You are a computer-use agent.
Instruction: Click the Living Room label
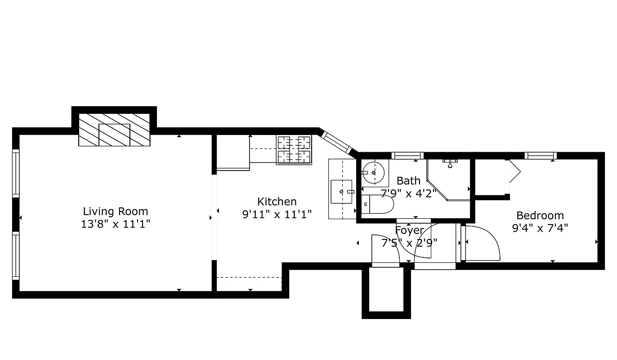click(115, 211)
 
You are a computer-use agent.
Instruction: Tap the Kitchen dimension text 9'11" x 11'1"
click(277, 214)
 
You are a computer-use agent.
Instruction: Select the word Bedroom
click(540, 216)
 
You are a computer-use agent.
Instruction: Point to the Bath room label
click(409, 181)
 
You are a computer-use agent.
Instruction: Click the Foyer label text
click(409, 231)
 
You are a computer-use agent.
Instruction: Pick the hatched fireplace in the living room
click(114, 130)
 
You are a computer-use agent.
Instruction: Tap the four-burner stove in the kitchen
click(294, 149)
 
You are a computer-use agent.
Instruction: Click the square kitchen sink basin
click(341, 191)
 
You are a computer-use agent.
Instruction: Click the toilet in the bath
click(378, 204)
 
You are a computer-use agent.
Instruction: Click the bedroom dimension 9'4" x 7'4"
click(540, 228)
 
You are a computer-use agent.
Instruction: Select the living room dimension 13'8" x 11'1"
click(115, 224)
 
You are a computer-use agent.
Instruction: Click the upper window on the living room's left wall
click(16, 173)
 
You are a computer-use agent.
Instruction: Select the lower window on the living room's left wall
click(16, 256)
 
